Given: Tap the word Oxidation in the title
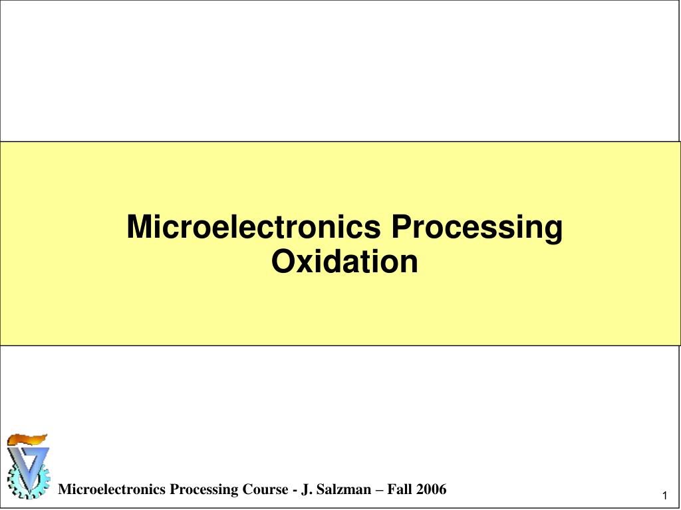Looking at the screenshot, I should pyautogui.click(x=344, y=261).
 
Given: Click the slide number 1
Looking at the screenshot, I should pyautogui.click(x=664, y=497).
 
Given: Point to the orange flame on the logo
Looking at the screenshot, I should pyautogui.click(x=27, y=439).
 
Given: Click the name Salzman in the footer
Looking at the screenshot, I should pyautogui.click(x=346, y=490).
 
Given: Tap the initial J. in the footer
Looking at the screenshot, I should pyautogui.click(x=306, y=490).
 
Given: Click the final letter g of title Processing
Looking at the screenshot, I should pyautogui.click(x=553, y=230).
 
